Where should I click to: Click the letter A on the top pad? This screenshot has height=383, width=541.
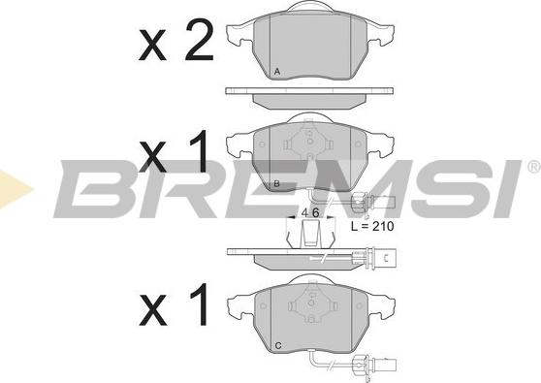pos(276,72)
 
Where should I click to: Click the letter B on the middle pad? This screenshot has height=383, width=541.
pos(276,184)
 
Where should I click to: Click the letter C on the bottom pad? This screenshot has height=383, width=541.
pos(278,345)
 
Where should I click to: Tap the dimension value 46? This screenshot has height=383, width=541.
pos(310,213)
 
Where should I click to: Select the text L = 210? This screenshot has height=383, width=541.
pos(372,226)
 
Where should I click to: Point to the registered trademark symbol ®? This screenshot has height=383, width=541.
pos(534,167)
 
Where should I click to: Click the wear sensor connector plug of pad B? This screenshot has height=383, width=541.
pos(373,202)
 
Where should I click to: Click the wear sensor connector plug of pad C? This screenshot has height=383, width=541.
pos(373,364)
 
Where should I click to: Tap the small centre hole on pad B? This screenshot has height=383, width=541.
pos(309,142)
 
